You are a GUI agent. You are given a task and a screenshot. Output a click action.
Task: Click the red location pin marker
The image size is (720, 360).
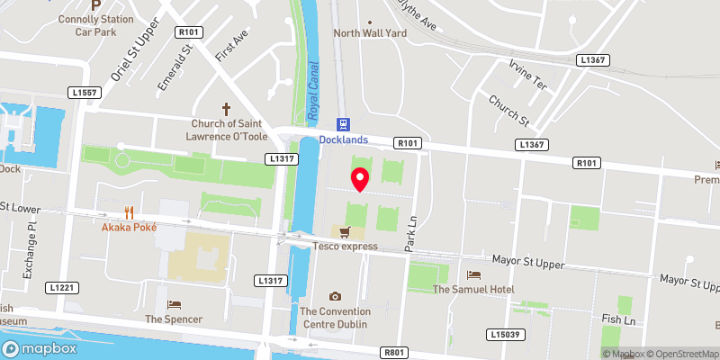[x=359, y=179]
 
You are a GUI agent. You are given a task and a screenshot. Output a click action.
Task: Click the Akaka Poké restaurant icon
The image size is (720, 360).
[x=129, y=213]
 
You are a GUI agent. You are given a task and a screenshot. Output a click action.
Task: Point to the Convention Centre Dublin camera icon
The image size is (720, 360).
[x=335, y=296]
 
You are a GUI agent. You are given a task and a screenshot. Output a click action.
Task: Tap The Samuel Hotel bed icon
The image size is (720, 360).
[x=473, y=274]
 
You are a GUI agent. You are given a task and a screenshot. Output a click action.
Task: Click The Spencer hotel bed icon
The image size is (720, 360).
[x=175, y=304]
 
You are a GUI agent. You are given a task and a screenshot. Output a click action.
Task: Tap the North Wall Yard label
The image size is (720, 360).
[x=370, y=32]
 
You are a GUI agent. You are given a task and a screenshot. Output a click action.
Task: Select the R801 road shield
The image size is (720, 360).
[x=393, y=353]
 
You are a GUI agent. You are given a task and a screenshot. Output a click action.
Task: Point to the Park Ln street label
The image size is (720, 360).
[x=411, y=232]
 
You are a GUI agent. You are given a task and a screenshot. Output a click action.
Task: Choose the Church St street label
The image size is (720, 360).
[x=509, y=111]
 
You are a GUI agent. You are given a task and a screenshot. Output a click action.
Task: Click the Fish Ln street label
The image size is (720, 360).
[x=618, y=319]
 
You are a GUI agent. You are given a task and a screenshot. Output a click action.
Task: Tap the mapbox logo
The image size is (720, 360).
[x=40, y=348]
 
